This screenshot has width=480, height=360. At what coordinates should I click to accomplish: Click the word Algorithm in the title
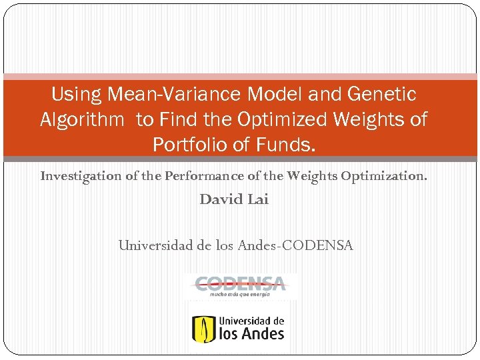(82, 120)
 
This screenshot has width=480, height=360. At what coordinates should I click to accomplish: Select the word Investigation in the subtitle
(77, 177)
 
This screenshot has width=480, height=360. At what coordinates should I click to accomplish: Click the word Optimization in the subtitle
(384, 177)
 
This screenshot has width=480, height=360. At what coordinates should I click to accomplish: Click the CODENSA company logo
(239, 283)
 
